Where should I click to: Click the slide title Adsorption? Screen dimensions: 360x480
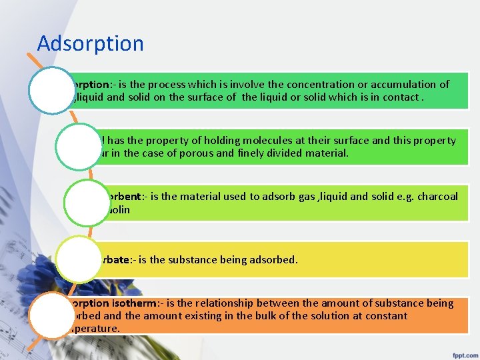click(x=90, y=43)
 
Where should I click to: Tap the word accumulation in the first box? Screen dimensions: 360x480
click(x=395, y=85)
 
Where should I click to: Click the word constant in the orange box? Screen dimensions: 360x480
click(x=384, y=315)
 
